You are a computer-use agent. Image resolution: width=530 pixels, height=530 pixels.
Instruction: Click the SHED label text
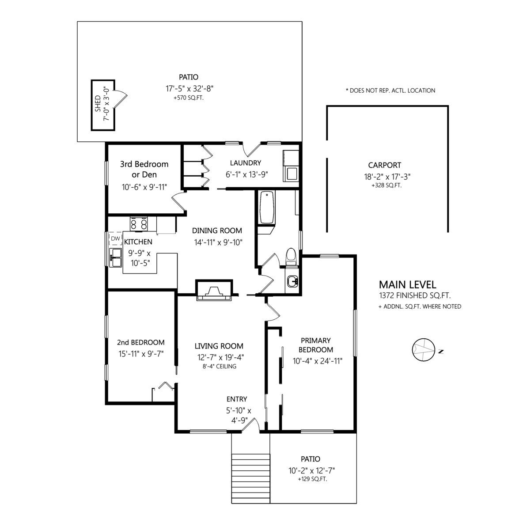pyautogui.click(x=98, y=103)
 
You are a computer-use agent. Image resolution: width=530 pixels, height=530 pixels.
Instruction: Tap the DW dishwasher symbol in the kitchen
pyautogui.click(x=116, y=238)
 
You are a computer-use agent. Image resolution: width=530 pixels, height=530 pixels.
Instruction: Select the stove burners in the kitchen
pyautogui.click(x=138, y=223)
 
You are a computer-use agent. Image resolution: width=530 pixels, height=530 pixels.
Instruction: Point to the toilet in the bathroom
pyautogui.click(x=291, y=257)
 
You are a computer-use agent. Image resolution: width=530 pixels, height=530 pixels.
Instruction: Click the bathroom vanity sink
pyautogui.click(x=292, y=281)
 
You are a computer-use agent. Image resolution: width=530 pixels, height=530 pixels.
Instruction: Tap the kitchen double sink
pyautogui.click(x=116, y=257)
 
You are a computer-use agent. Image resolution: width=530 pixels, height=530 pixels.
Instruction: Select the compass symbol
pyautogui.click(x=424, y=349)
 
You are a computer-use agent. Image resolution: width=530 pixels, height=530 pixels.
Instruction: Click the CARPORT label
pyautogui.click(x=385, y=165)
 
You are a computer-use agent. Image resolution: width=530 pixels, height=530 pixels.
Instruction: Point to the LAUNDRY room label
pyautogui.click(x=246, y=163)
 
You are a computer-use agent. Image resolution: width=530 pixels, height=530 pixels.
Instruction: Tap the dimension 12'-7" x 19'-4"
pyautogui.click(x=220, y=357)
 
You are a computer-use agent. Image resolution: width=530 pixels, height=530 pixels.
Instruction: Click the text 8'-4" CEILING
pyautogui.click(x=220, y=366)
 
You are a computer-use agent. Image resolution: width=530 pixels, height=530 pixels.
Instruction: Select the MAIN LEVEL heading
pyautogui.click(x=408, y=284)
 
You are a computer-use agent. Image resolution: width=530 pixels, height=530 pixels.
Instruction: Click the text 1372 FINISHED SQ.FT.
pyautogui.click(x=415, y=295)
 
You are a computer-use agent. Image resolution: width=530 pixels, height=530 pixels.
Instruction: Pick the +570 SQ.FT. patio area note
pyautogui.click(x=189, y=98)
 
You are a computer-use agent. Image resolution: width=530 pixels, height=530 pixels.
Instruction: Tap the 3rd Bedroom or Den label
pyautogui.click(x=144, y=169)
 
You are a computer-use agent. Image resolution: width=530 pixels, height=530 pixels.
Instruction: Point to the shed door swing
pyautogui.click(x=121, y=99)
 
